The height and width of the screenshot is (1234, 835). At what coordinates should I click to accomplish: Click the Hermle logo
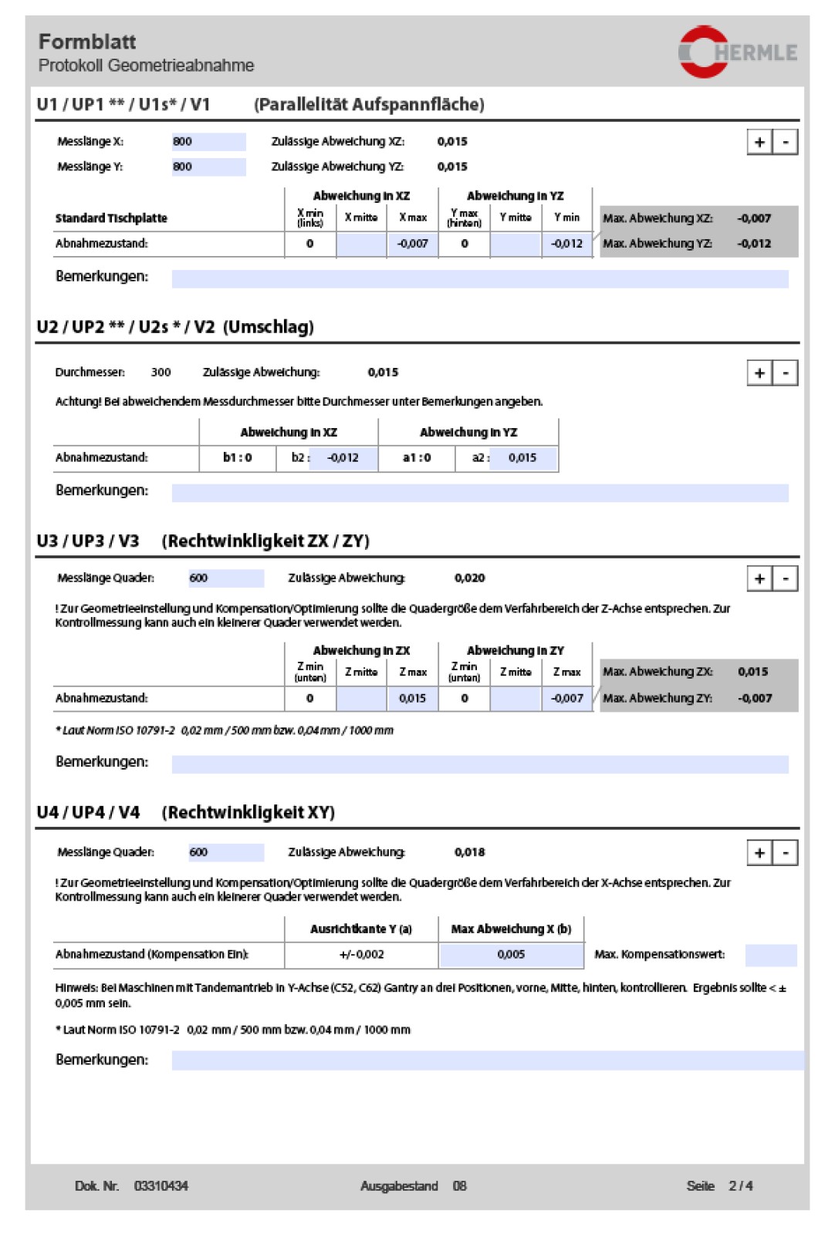736,52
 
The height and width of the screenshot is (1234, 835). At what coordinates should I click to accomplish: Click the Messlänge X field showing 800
208,142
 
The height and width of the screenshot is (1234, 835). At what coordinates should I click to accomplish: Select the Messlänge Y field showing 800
208,167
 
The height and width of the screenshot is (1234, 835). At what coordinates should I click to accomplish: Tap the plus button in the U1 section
759,142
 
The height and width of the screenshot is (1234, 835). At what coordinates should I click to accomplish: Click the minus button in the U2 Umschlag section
786,373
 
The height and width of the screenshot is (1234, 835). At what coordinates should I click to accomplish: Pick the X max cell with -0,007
413,244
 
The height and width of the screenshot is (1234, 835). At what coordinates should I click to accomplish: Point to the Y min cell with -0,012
567,244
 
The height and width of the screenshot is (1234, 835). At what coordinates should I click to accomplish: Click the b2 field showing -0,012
343,458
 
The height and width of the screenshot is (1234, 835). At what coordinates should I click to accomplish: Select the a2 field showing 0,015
522,458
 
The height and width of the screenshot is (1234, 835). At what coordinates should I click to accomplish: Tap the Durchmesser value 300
161,373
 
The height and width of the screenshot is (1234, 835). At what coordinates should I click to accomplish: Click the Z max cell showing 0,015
413,699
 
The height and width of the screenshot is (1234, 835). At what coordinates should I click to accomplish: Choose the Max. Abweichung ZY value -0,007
755,699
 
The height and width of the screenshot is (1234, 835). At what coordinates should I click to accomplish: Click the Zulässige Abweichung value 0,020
469,578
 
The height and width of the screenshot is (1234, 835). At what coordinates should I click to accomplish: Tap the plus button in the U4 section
759,853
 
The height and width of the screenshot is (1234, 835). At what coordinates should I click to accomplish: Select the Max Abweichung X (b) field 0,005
511,955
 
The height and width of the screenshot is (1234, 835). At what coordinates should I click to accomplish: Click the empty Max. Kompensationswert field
770,955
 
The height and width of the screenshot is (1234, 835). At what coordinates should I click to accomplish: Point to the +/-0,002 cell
361,955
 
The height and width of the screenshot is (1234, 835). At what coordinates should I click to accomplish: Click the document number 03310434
161,1186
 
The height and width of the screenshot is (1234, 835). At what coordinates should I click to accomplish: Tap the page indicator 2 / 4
740,1186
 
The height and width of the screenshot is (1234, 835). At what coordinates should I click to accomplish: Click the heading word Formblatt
87,42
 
